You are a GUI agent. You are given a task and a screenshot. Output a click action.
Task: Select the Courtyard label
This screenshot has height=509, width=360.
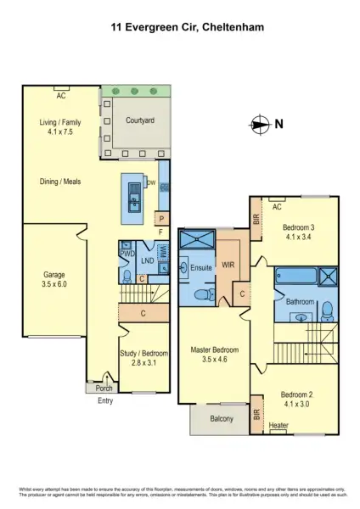(x=139, y=121)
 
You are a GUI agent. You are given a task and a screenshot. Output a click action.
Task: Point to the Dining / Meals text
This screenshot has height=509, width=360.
(x=59, y=182)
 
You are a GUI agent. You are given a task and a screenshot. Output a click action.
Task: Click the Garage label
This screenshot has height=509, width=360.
(x=54, y=279)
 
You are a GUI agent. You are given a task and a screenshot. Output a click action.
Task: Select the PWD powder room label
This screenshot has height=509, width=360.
(x=127, y=254)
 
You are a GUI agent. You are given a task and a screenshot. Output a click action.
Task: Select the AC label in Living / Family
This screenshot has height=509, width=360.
(x=61, y=87)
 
